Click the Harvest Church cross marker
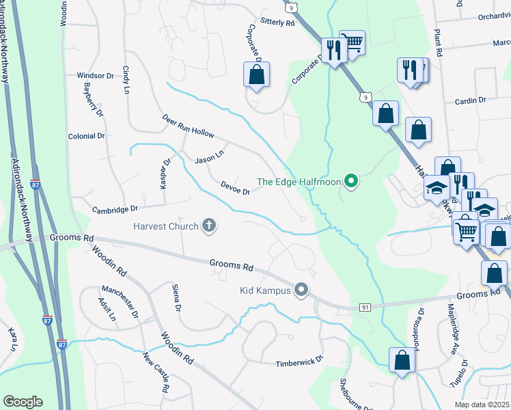209,225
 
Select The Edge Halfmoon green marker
352,182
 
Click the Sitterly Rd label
276,23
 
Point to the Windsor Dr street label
95,76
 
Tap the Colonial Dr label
86,136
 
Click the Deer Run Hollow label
188,124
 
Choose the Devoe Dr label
236,188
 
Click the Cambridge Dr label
115,209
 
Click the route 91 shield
365,307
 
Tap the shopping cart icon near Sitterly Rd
353,43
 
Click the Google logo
23,401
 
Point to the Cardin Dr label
470,100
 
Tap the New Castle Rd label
156,372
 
